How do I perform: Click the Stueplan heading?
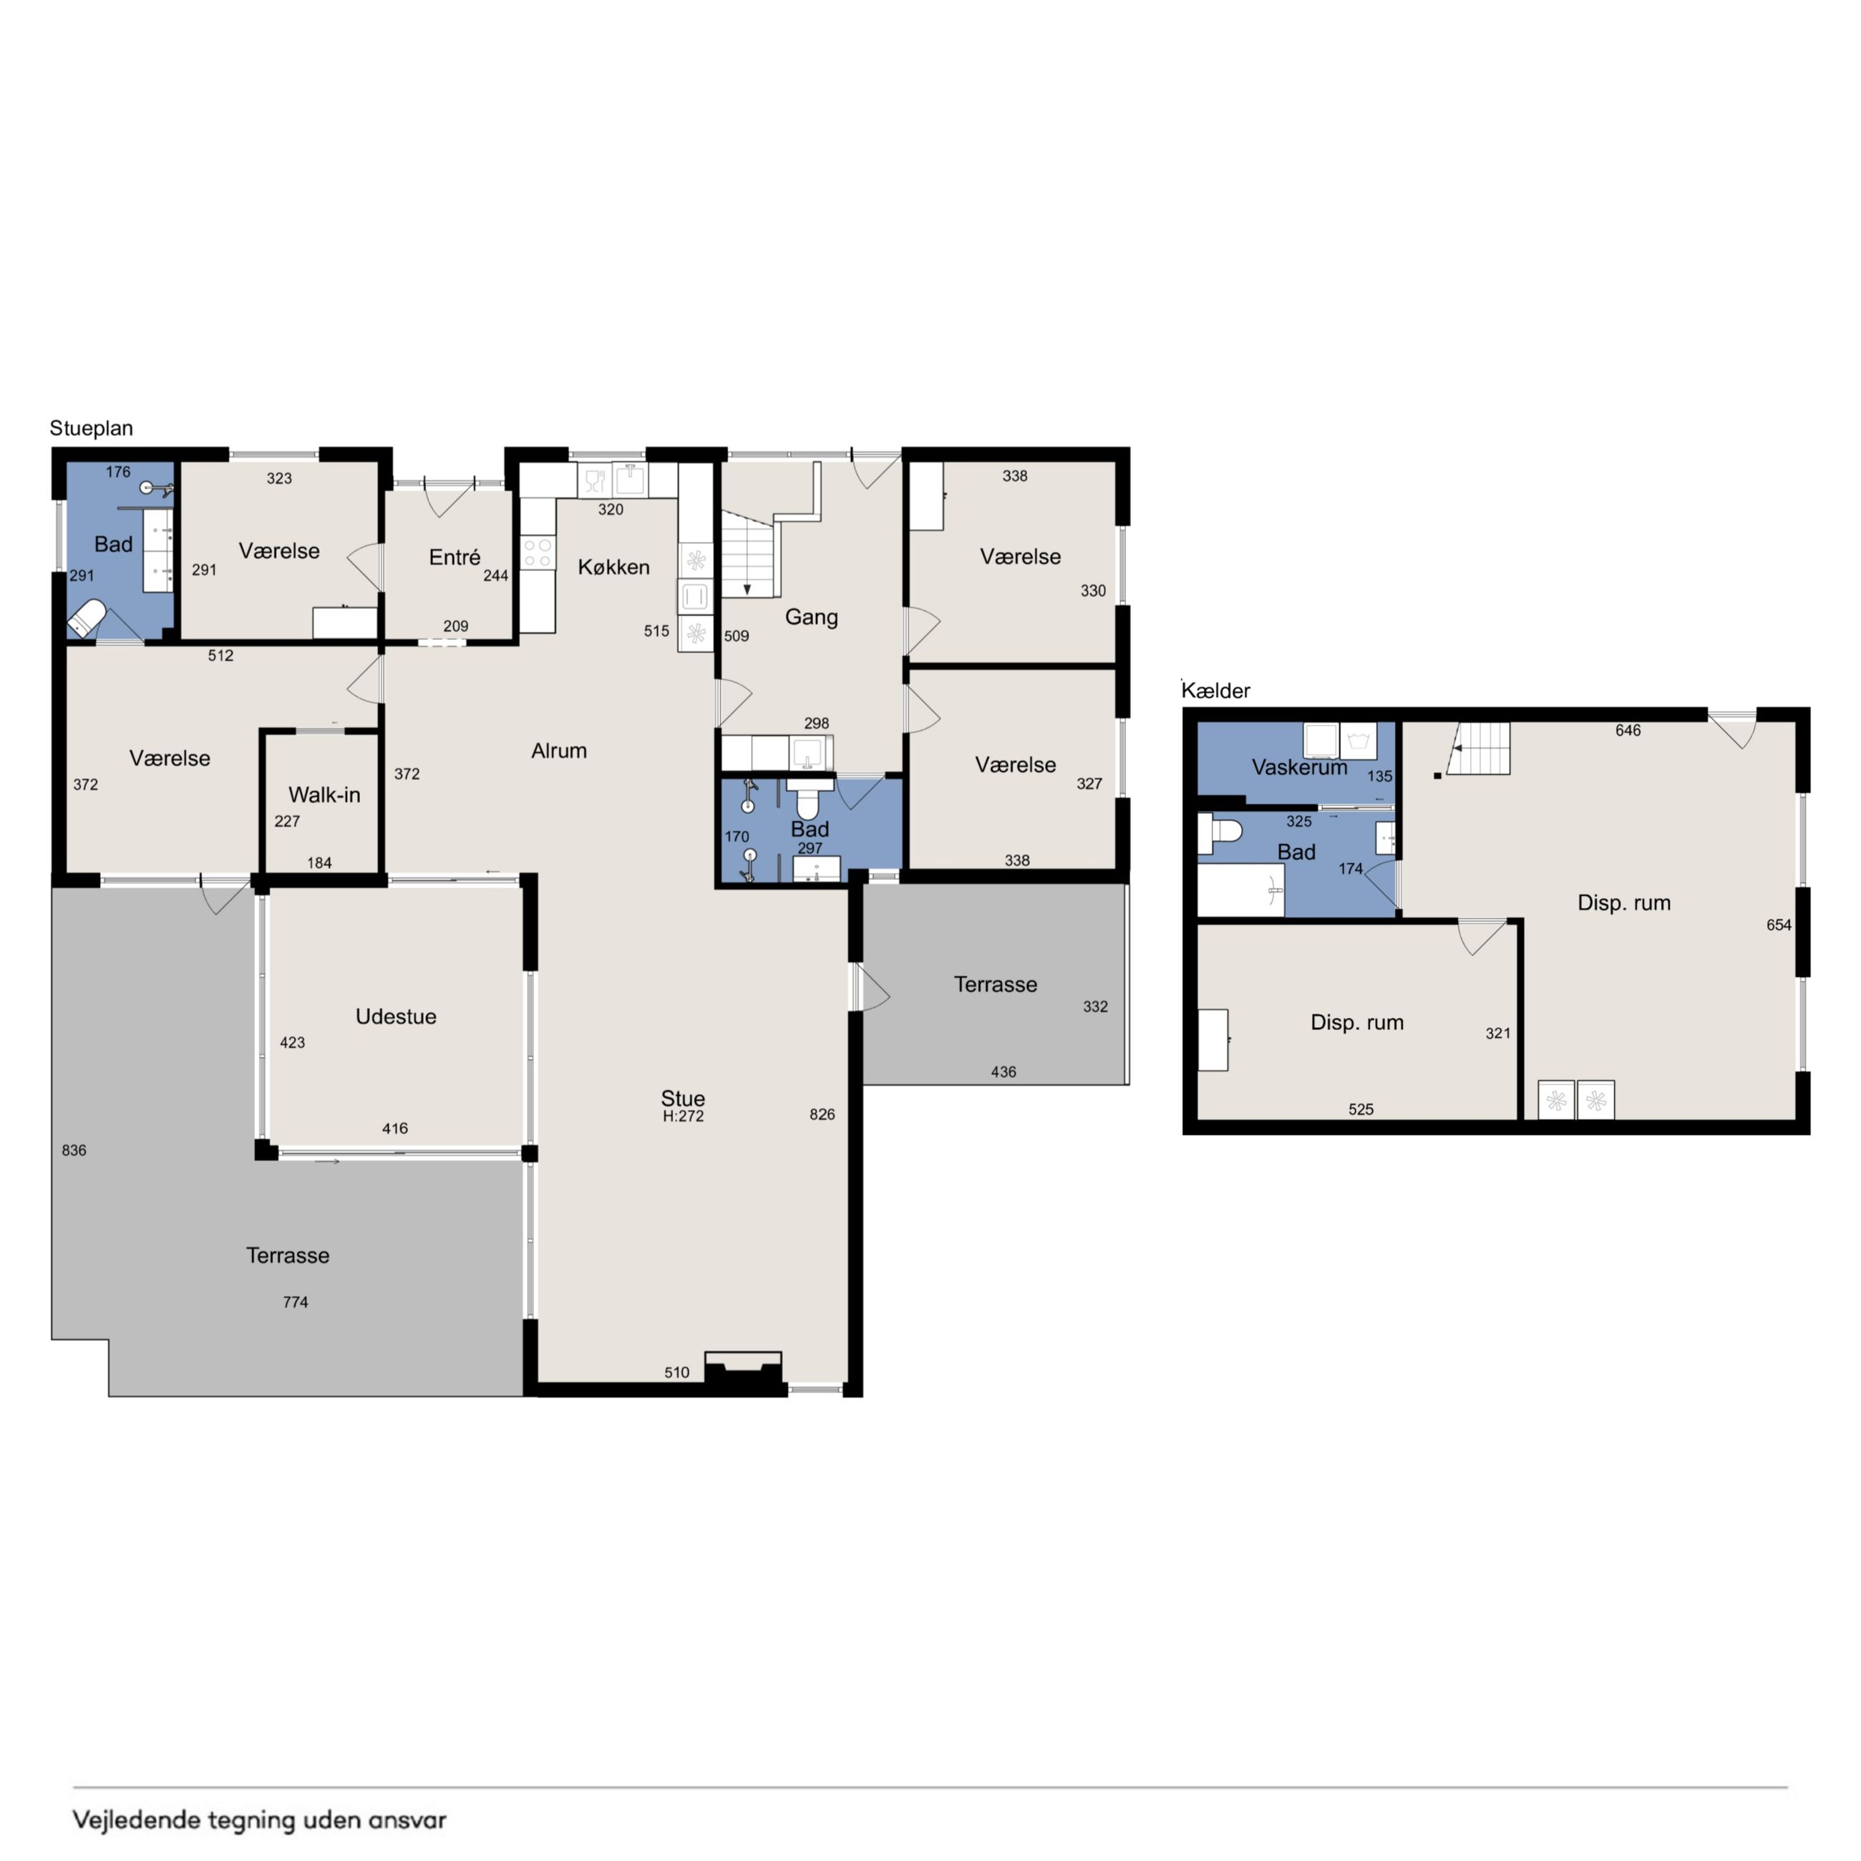92,429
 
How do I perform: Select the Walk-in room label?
325,795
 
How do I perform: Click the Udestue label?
396,1016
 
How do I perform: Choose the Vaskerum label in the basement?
1299,768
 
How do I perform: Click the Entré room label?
455,557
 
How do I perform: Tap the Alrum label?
559,750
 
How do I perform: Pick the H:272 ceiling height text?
683,1117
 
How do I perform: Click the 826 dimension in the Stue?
822,1114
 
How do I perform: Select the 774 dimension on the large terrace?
296,1302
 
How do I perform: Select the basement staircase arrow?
1469,749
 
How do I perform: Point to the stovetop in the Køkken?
538,553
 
